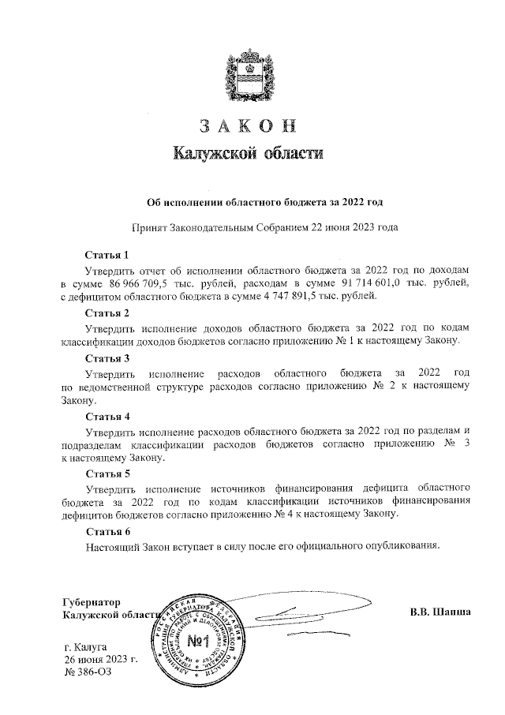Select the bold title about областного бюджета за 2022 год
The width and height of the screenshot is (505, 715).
(249, 201)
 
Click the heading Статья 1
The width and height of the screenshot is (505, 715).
(107, 255)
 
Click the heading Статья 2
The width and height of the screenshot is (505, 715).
(107, 313)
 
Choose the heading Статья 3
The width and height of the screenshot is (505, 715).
(107, 358)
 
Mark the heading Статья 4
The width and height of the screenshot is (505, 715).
(107, 415)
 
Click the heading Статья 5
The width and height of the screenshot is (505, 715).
(107, 473)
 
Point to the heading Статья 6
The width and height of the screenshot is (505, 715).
(107, 530)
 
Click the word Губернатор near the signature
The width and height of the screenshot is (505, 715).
(93, 600)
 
